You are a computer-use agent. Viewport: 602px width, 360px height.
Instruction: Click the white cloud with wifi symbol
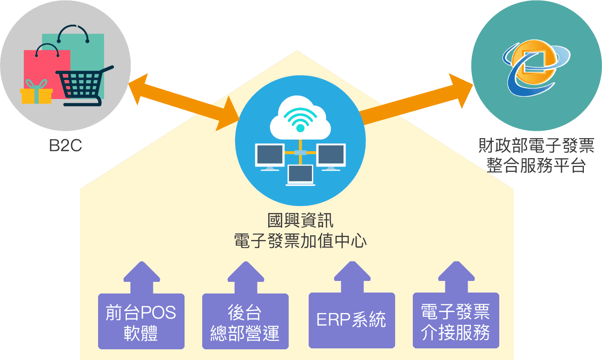click(300, 118)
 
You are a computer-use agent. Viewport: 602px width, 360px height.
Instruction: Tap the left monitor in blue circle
click(270, 156)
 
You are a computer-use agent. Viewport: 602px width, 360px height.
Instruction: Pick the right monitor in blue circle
click(331, 156)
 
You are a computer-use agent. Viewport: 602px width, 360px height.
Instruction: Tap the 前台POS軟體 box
click(141, 321)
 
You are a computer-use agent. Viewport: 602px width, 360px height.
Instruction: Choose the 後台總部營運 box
click(245, 321)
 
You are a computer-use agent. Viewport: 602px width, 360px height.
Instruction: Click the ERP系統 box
click(351, 320)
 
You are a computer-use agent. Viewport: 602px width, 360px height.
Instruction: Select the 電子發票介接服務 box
click(456, 320)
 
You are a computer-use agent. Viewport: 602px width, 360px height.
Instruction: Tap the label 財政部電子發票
click(536, 147)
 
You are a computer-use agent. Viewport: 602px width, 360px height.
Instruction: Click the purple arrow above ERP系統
click(351, 277)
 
